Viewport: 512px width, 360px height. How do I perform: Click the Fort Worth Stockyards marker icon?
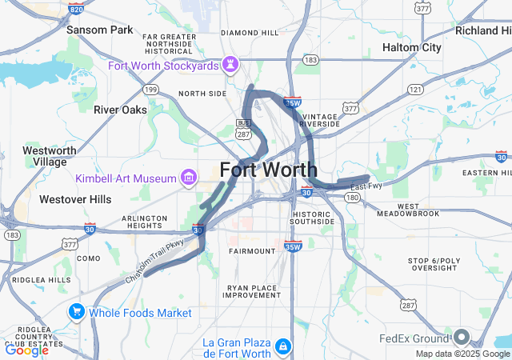click(230, 63)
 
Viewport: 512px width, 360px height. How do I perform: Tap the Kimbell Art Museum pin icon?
click(189, 176)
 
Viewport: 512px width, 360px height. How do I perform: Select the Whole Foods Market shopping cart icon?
click(78, 311)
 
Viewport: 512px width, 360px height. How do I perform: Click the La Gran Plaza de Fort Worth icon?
click(282, 346)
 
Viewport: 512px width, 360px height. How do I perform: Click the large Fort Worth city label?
click(268, 170)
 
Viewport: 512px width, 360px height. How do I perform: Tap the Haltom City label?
click(411, 47)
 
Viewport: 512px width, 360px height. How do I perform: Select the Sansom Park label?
click(99, 30)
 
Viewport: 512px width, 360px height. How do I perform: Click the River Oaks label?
click(118, 110)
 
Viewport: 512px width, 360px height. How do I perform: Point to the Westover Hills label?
click(75, 198)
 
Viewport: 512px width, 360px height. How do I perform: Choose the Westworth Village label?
click(50, 155)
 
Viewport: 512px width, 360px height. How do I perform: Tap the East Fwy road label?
click(366, 186)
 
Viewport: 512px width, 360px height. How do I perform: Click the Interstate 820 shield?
click(76, 9)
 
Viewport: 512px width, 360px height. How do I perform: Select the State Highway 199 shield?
click(150, 90)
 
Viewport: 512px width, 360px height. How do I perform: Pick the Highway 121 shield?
click(414, 90)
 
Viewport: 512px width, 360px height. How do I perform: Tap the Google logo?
click(26, 350)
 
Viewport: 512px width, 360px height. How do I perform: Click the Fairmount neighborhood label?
click(251, 250)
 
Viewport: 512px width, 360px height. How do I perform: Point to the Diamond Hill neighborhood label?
click(250, 33)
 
